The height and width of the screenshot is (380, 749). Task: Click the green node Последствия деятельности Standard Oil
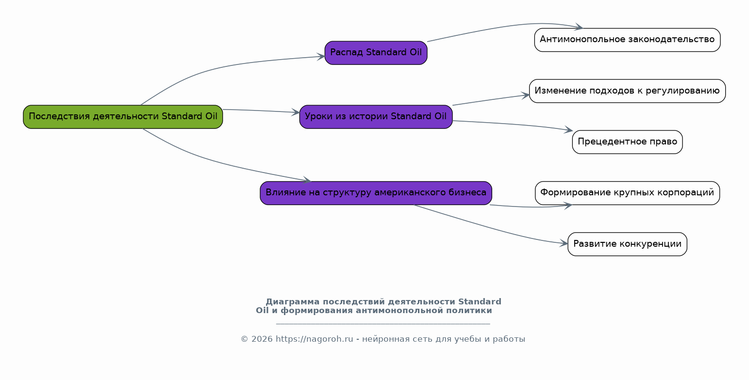[x=123, y=117]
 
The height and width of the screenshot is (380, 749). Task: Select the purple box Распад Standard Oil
[x=376, y=53]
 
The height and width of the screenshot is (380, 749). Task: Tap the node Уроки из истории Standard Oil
[x=376, y=117]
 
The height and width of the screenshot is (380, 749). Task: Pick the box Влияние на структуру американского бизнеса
[x=376, y=193]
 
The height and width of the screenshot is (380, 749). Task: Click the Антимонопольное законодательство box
[x=627, y=40]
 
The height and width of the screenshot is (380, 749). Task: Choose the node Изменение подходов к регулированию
[x=627, y=91]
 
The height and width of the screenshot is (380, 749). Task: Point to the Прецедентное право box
[x=627, y=142]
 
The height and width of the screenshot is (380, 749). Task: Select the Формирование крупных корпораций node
[x=627, y=193]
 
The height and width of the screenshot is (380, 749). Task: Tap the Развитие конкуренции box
[x=627, y=244]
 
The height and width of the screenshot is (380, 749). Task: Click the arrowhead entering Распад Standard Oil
[x=321, y=56]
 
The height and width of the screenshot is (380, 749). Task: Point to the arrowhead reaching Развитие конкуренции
[x=564, y=243]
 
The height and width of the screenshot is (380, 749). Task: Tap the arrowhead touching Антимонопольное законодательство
[x=579, y=27]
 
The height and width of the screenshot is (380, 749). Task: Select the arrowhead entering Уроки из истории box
[x=296, y=112]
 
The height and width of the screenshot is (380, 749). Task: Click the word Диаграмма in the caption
[x=293, y=302]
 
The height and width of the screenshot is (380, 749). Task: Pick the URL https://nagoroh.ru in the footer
[x=315, y=339]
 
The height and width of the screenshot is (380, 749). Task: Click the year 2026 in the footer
[x=262, y=339]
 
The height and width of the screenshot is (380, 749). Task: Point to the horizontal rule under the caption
[x=383, y=324]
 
